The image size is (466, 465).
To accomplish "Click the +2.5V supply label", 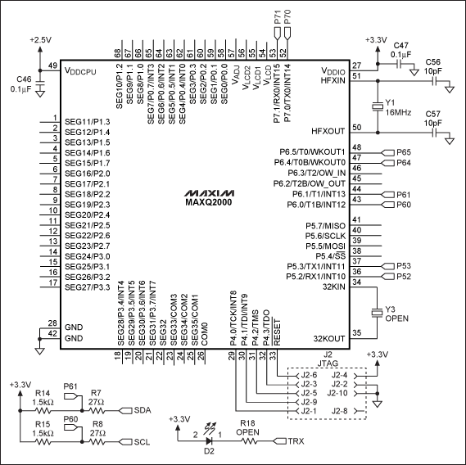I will [x=39, y=38].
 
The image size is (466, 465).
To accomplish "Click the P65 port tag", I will [x=404, y=152].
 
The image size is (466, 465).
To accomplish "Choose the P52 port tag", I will [x=404, y=277].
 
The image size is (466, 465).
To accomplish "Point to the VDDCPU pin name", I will [x=88, y=71].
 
